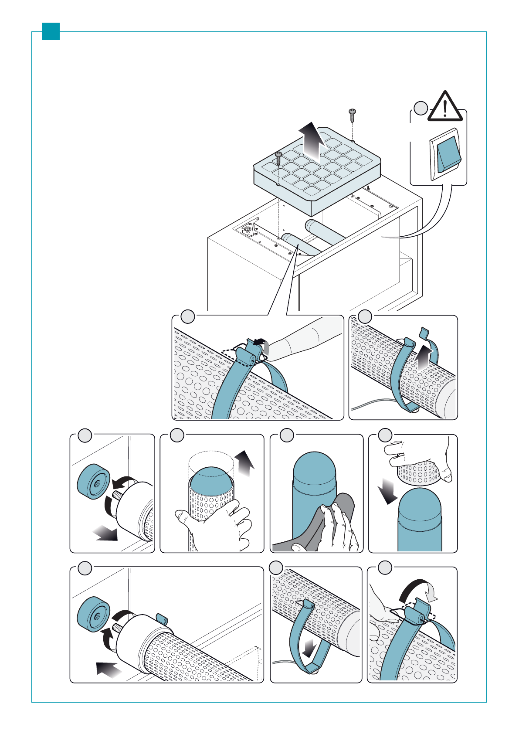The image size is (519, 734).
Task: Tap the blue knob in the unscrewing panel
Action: (92, 481)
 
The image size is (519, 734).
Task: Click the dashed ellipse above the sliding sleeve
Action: (211, 459)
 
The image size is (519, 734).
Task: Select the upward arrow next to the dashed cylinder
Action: (245, 463)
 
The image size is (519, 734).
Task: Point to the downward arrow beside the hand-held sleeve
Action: (387, 490)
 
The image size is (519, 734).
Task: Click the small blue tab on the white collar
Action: (162, 619)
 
